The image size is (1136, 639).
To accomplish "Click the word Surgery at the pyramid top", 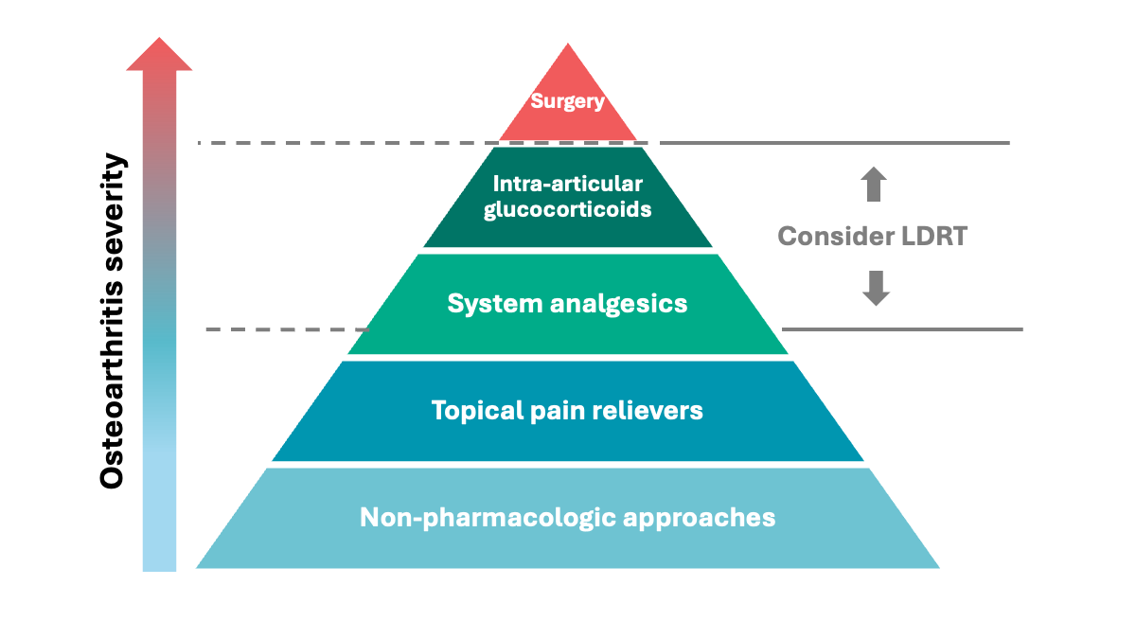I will [x=567, y=101].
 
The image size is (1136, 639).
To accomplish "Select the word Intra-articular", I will [x=567, y=184].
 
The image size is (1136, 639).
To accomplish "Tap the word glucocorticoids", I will [x=567, y=209].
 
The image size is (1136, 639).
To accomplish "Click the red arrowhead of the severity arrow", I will [x=159, y=55].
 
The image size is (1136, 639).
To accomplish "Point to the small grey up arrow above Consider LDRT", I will [x=874, y=185].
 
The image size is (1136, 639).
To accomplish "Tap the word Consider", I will [x=828, y=236].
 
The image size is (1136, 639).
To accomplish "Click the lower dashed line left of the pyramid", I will [x=284, y=329].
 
